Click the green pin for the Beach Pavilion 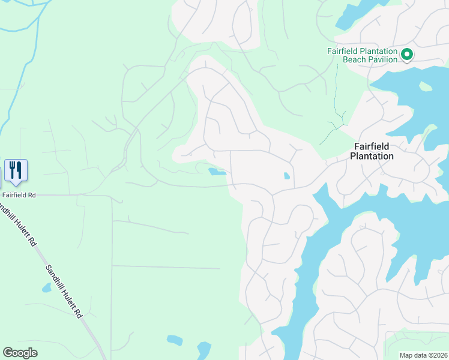tap(406, 55)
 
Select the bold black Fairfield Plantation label tap(373, 151)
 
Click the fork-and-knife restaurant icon tap(16, 170)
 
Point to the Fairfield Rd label tap(19, 195)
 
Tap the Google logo tap(20, 353)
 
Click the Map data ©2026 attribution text tap(423, 355)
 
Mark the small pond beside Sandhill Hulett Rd tap(46, 287)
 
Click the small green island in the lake tap(426, 86)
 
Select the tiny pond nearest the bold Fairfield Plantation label tap(286, 176)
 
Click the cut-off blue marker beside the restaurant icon tap(1, 172)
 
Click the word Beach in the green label tap(354, 59)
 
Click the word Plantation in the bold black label tap(373, 156)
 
